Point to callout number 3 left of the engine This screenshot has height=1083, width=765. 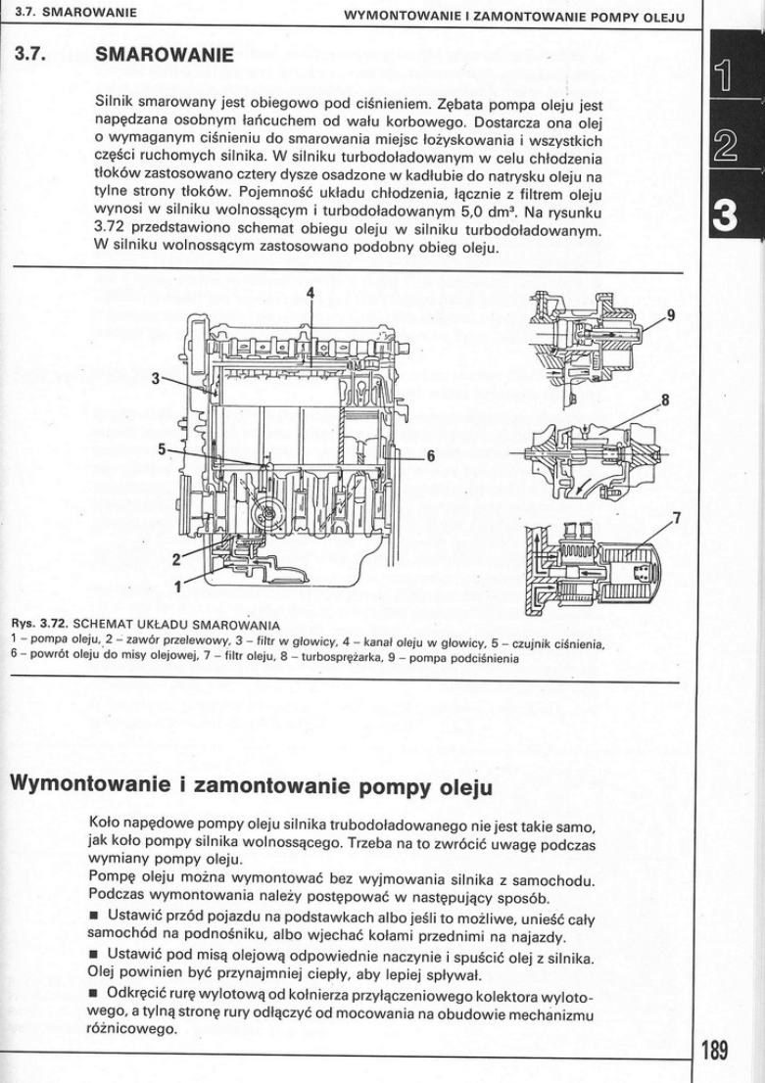tap(155, 378)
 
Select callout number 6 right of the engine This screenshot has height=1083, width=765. tap(429, 456)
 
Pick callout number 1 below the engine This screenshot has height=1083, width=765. tap(179, 587)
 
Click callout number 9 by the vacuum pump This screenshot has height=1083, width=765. tap(671, 315)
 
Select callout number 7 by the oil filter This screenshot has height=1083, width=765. tap(676, 517)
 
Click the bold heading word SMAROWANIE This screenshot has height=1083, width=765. tap(164, 57)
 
